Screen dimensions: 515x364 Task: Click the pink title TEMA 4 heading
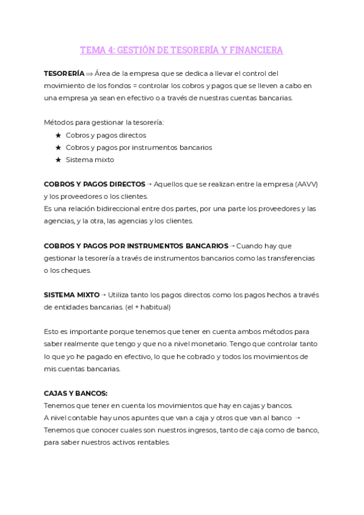coord(181,50)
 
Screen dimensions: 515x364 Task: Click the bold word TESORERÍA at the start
coord(64,73)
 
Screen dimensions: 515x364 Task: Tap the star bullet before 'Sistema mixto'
coord(58,160)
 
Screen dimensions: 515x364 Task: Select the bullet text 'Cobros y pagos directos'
coord(106,135)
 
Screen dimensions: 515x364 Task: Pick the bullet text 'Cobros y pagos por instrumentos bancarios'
coord(139,147)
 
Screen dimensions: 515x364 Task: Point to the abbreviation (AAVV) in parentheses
coord(307,183)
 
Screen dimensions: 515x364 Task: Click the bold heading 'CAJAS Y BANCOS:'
coord(75,393)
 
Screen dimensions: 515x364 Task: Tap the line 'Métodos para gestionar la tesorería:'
coord(104,122)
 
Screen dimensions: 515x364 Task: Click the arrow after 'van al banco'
coord(297,418)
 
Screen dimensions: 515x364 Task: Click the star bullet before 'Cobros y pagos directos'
coord(58,135)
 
